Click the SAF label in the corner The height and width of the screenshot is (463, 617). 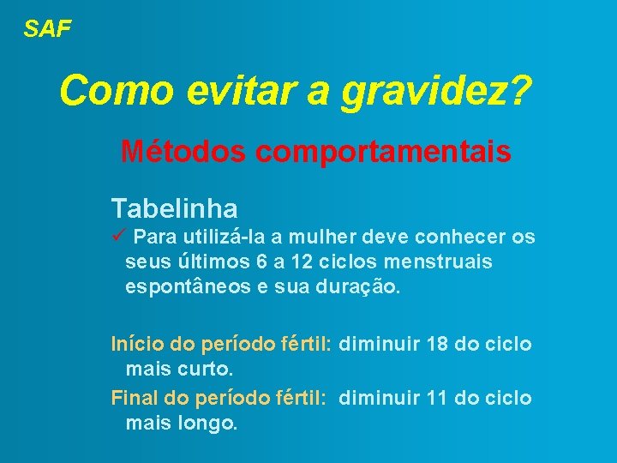(x=47, y=29)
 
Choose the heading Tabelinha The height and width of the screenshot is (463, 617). (x=174, y=207)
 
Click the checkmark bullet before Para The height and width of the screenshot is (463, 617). (x=118, y=235)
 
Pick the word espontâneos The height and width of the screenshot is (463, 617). (x=188, y=287)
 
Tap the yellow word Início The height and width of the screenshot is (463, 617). (x=138, y=345)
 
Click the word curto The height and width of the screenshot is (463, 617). (x=205, y=370)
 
